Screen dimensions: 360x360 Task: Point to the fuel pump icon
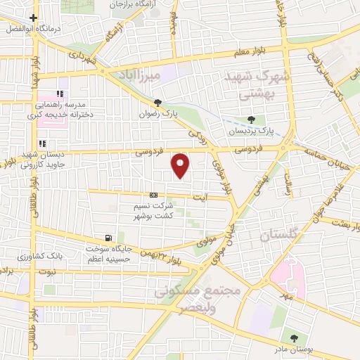tap(108, 238)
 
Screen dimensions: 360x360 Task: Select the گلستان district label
tap(279, 236)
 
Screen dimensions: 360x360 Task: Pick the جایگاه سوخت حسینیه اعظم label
tap(109, 253)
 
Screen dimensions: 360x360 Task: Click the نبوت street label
tap(47, 271)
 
